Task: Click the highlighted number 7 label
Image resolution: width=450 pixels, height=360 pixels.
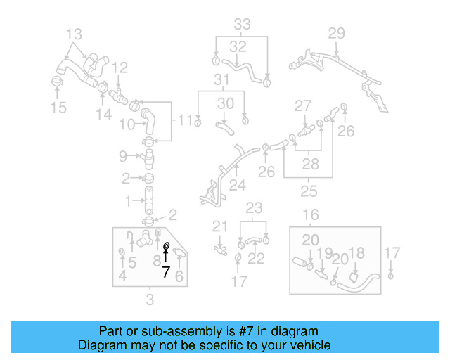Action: click(166, 272)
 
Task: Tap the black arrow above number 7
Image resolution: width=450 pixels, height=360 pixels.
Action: click(166, 257)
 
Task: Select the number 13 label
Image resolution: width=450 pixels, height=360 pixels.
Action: click(74, 33)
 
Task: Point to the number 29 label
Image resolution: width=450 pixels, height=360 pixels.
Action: click(337, 33)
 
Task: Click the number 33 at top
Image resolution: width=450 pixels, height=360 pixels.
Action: click(242, 25)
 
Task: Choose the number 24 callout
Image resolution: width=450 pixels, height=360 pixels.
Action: click(238, 186)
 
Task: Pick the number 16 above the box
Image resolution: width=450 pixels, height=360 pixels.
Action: click(311, 214)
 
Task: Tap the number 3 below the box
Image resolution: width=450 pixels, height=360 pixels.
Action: click(149, 302)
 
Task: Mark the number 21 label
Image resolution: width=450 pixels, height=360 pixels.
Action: click(221, 226)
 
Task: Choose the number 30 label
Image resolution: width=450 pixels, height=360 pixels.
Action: click(225, 103)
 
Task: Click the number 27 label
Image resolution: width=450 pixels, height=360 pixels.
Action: click(302, 105)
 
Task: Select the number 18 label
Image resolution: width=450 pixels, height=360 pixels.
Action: click(356, 253)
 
